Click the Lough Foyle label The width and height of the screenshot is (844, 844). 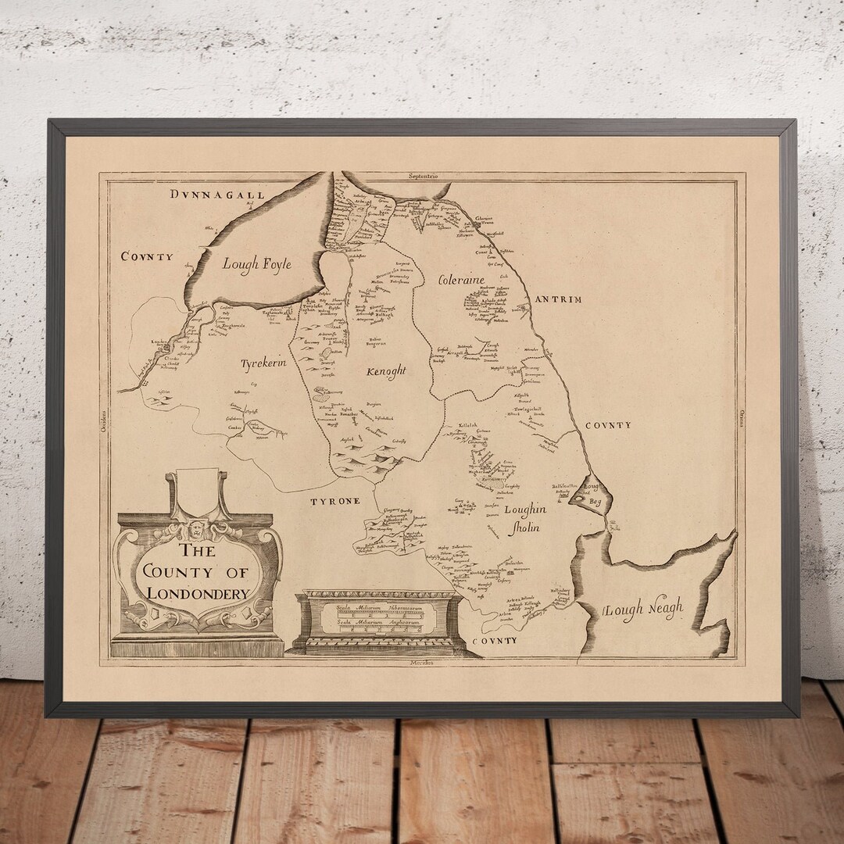point(256,264)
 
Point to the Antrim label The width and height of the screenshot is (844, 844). point(558,299)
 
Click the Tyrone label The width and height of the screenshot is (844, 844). point(338,500)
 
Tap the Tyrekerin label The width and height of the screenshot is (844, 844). point(263,363)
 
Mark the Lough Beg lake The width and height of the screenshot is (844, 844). point(591,493)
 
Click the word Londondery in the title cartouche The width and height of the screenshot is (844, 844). point(198,593)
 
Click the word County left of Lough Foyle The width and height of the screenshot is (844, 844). point(147,256)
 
